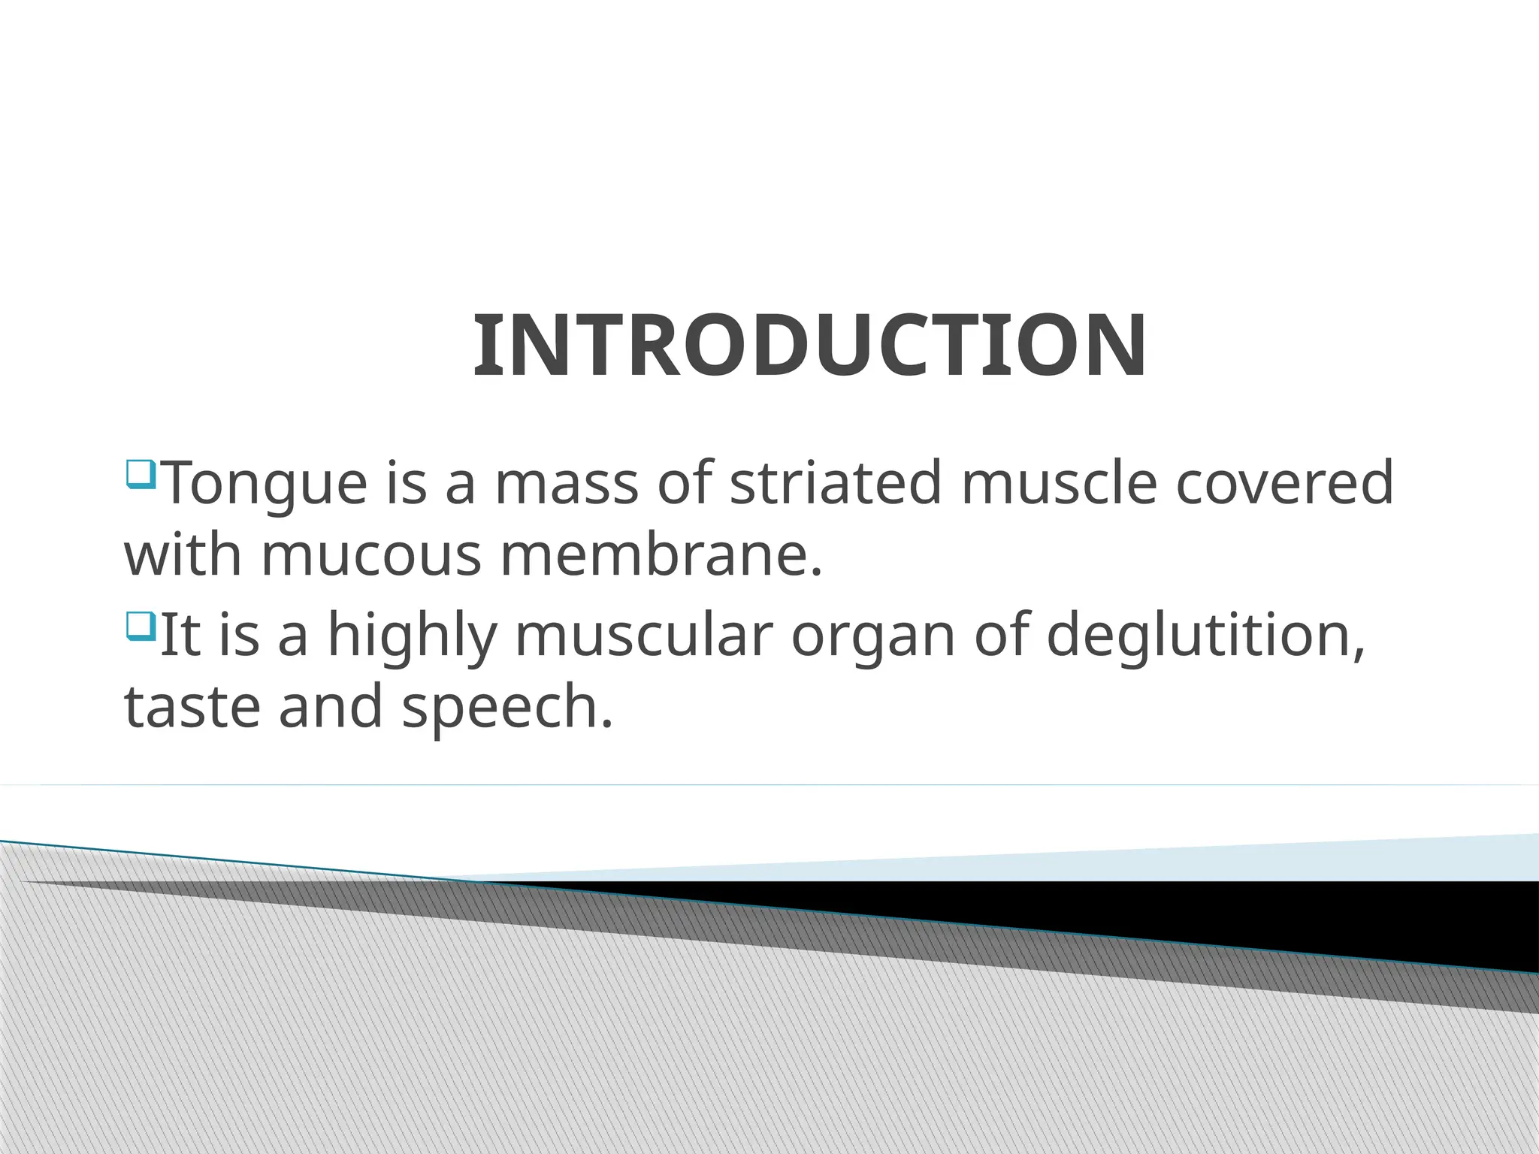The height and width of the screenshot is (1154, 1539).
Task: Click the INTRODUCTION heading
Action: [809, 346]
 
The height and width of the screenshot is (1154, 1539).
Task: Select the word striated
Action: [836, 482]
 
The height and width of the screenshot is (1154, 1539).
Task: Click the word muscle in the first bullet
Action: [1059, 482]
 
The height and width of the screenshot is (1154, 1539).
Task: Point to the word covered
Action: [1284, 482]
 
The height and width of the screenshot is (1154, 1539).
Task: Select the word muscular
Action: [643, 635]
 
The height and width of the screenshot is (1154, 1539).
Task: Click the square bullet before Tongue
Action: [141, 474]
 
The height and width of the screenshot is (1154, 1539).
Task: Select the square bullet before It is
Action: [141, 625]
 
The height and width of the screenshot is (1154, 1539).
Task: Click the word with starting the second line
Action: [183, 556]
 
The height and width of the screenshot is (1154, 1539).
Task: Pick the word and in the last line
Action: [331, 708]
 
